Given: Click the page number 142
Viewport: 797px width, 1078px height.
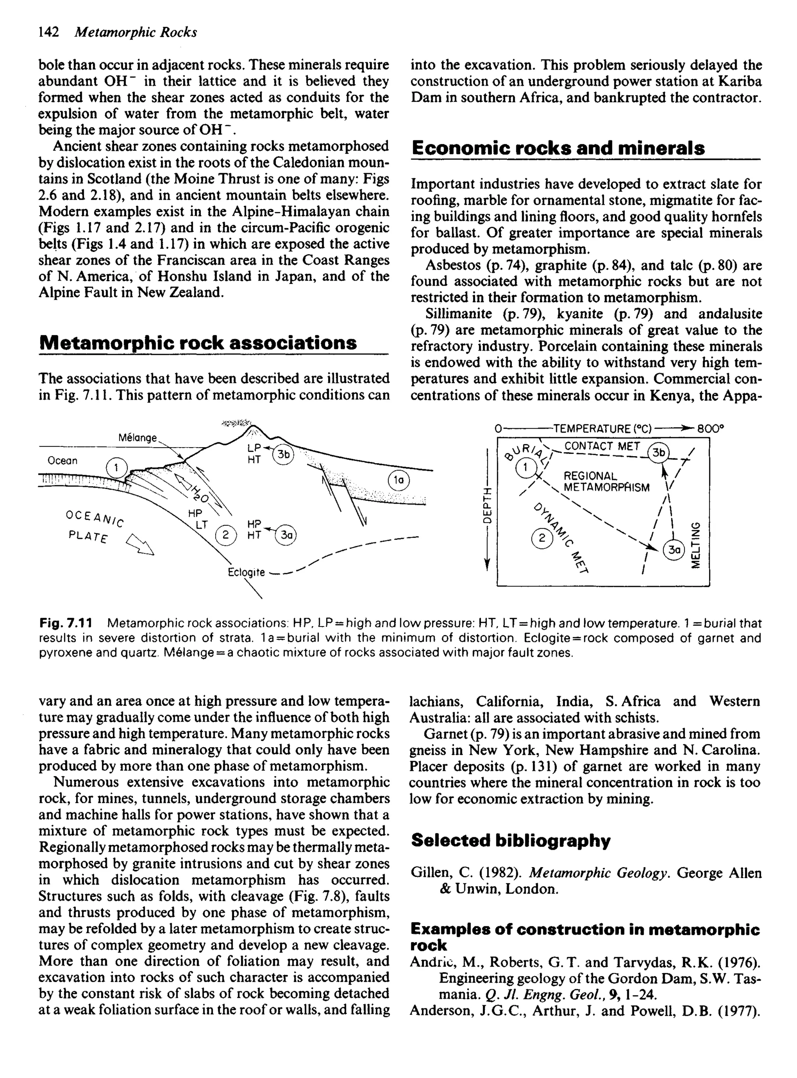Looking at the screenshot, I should point(48,32).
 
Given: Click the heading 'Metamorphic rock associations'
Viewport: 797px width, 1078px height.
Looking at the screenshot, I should point(198,342).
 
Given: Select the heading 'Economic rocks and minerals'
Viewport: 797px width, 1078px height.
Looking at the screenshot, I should point(558,148).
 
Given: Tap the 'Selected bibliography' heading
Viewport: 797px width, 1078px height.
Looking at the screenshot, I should point(511,841).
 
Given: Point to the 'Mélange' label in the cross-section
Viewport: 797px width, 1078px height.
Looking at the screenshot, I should point(137,438).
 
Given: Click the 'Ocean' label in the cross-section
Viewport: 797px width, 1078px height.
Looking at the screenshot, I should point(62,461).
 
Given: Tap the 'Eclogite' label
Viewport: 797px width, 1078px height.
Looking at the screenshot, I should point(246,572).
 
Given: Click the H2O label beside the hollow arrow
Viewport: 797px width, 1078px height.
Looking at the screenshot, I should point(197,494).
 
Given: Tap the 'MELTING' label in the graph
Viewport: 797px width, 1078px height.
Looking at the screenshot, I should point(695,544).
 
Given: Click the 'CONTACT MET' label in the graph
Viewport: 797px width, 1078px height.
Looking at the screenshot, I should point(602,446).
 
